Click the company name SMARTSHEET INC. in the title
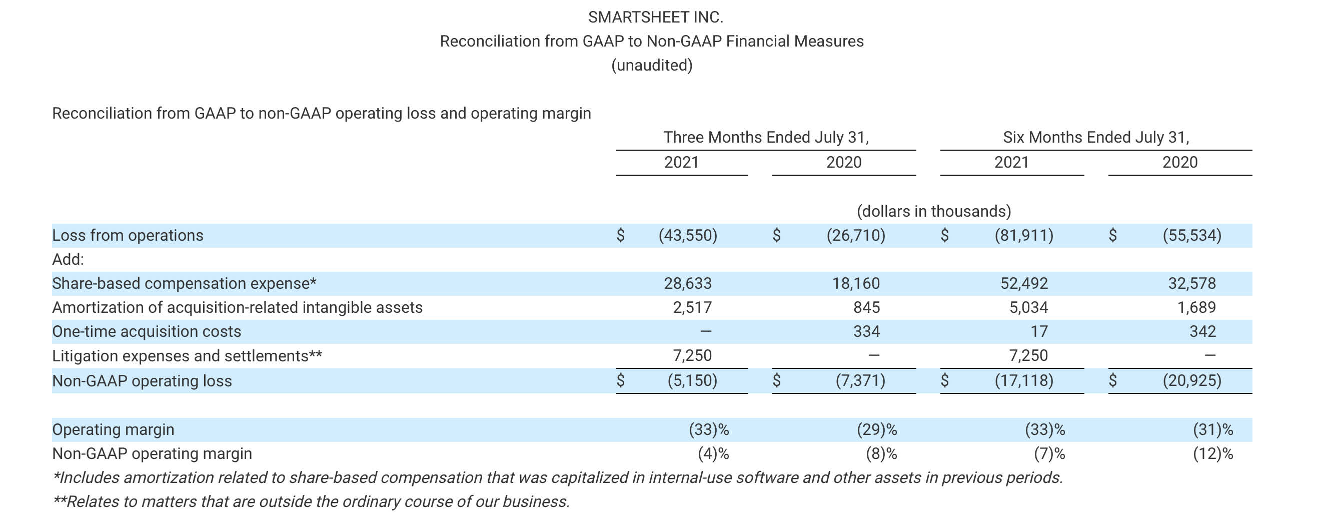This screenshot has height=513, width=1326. coord(655,17)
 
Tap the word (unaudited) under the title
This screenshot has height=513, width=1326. coord(652,66)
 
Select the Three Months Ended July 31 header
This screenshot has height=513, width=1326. coord(765,137)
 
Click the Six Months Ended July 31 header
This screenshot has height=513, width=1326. coord(1096,137)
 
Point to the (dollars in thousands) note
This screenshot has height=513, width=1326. coord(934,211)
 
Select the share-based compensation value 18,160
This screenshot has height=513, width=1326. coord(856,283)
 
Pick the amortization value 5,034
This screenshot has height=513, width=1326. coord(1028,307)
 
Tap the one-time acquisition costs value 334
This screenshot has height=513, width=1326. coord(866,331)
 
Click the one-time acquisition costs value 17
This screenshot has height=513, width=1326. coord(1039,331)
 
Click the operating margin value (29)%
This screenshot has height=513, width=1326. coord(877,429)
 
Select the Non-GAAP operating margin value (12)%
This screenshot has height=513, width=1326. coord(1213,454)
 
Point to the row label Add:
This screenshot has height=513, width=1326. coord(68,259)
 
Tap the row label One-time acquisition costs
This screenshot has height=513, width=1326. coord(147,331)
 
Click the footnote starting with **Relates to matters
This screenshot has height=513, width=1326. coord(312,501)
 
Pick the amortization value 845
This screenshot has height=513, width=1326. coord(866,307)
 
